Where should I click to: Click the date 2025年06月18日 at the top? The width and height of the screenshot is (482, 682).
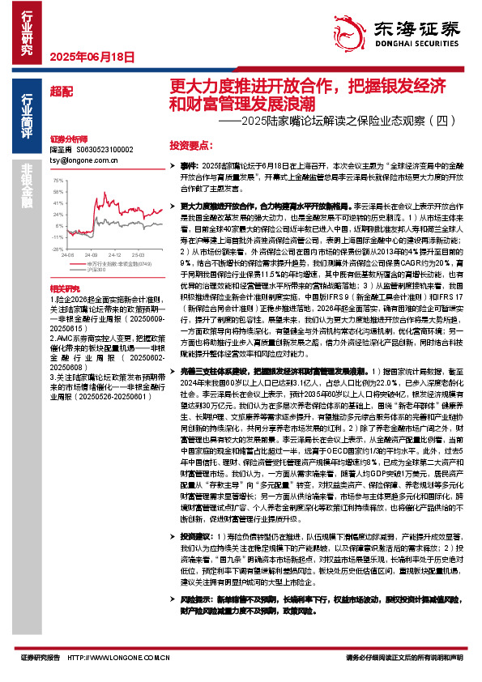(x=91, y=57)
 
